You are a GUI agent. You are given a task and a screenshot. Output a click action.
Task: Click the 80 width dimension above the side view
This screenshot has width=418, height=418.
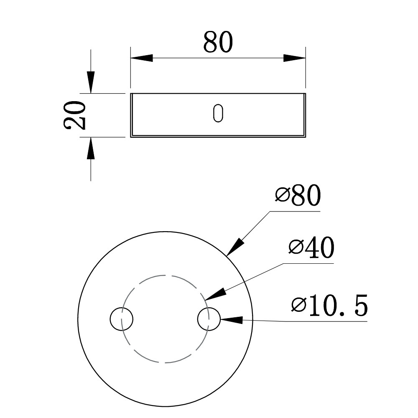point(218,42)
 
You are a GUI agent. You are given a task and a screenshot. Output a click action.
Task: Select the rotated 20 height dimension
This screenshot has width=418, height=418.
point(75,115)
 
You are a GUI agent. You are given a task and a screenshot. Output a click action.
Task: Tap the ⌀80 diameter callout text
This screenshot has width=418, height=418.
point(298,195)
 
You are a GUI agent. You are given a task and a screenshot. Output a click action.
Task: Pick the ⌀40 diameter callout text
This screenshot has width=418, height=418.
point(311,247)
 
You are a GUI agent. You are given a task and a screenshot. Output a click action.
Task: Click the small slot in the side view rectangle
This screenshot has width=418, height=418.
point(218,113)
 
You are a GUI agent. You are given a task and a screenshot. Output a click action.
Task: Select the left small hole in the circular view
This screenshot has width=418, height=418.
point(121,319)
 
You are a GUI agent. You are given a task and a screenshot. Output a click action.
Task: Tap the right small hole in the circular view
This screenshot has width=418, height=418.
point(209,319)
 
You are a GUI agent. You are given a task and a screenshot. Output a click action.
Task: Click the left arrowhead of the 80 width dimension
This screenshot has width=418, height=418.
point(142,58)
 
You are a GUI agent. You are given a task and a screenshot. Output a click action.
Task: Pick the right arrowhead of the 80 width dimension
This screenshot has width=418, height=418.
point(294,58)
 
